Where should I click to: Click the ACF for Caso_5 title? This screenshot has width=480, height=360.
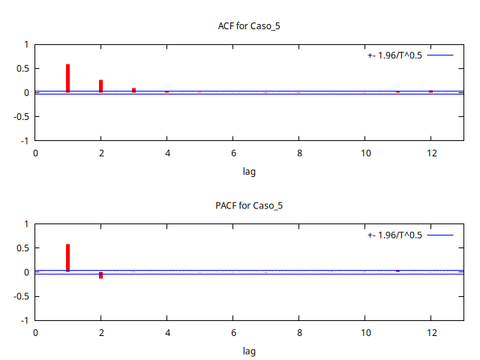coord(249,26)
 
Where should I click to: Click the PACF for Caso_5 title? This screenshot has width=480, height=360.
coord(249,205)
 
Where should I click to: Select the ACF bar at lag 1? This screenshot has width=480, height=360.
coord(68,79)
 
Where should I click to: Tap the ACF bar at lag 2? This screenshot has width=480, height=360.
coord(100,86)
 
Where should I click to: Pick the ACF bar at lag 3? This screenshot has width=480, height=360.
coord(133,90)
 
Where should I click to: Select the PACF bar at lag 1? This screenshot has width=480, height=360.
coord(68,257)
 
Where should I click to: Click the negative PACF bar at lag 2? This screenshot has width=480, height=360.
coord(100,275)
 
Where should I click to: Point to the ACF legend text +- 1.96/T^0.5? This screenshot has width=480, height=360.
coord(395,55)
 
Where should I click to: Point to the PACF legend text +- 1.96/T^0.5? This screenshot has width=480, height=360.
coord(395,235)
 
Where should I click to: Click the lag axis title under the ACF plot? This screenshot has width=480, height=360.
coord(249,171)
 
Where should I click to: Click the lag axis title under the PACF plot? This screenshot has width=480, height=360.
coord(249,350)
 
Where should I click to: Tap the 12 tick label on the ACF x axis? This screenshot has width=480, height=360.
coord(431,153)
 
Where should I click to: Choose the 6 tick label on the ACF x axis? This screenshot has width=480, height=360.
coord(233,153)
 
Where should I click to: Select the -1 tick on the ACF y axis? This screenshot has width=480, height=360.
coord(25,140)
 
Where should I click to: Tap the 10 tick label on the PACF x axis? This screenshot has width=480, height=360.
coord(365,332)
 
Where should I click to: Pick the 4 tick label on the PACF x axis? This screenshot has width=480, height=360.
coord(167,332)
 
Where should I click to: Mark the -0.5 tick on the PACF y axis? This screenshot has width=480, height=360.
coord(21,295)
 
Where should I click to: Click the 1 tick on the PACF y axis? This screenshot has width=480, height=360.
coord(26,224)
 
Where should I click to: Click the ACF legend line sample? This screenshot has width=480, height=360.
coord(442,55)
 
